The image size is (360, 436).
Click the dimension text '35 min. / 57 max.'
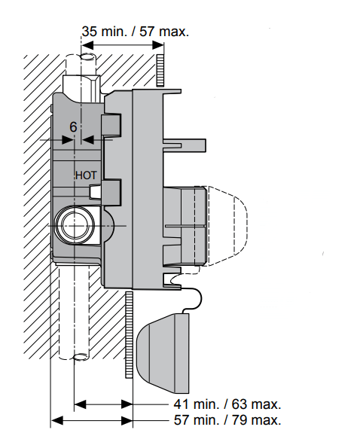pyautogui.click(x=136, y=32)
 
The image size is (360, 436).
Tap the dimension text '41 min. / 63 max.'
pyautogui.click(x=227, y=404)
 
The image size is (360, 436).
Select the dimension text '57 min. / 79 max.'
pyautogui.click(x=227, y=420)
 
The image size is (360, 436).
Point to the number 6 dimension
pyautogui.click(x=73, y=127)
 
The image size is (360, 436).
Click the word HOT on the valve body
pyautogui.click(x=87, y=175)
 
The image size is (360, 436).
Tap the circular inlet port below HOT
pyautogui.click(x=75, y=225)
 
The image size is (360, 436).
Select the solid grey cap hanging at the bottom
pyautogui.click(x=163, y=353)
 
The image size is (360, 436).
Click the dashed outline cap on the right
pyautogui.click(x=227, y=226)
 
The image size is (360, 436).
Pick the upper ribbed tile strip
pyautogui.click(x=160, y=70)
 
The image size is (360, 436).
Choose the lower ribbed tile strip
pyautogui.click(x=129, y=334)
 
